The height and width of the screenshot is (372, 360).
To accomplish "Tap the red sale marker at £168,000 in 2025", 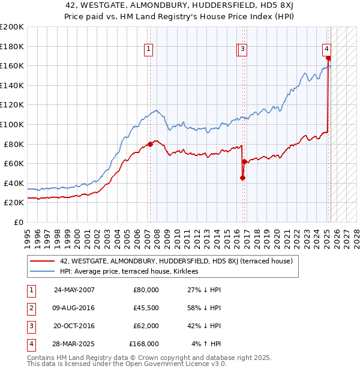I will [329, 58].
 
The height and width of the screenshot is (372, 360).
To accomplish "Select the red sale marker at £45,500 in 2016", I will [242, 178].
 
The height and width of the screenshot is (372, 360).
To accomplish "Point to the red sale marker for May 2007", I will [150, 144].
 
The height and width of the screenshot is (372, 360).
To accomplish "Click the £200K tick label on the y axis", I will [12, 27].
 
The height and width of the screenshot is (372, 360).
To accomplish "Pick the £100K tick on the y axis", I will [12, 124].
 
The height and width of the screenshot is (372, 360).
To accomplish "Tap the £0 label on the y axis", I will [17, 222].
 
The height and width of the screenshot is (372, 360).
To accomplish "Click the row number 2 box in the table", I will [29, 308].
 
